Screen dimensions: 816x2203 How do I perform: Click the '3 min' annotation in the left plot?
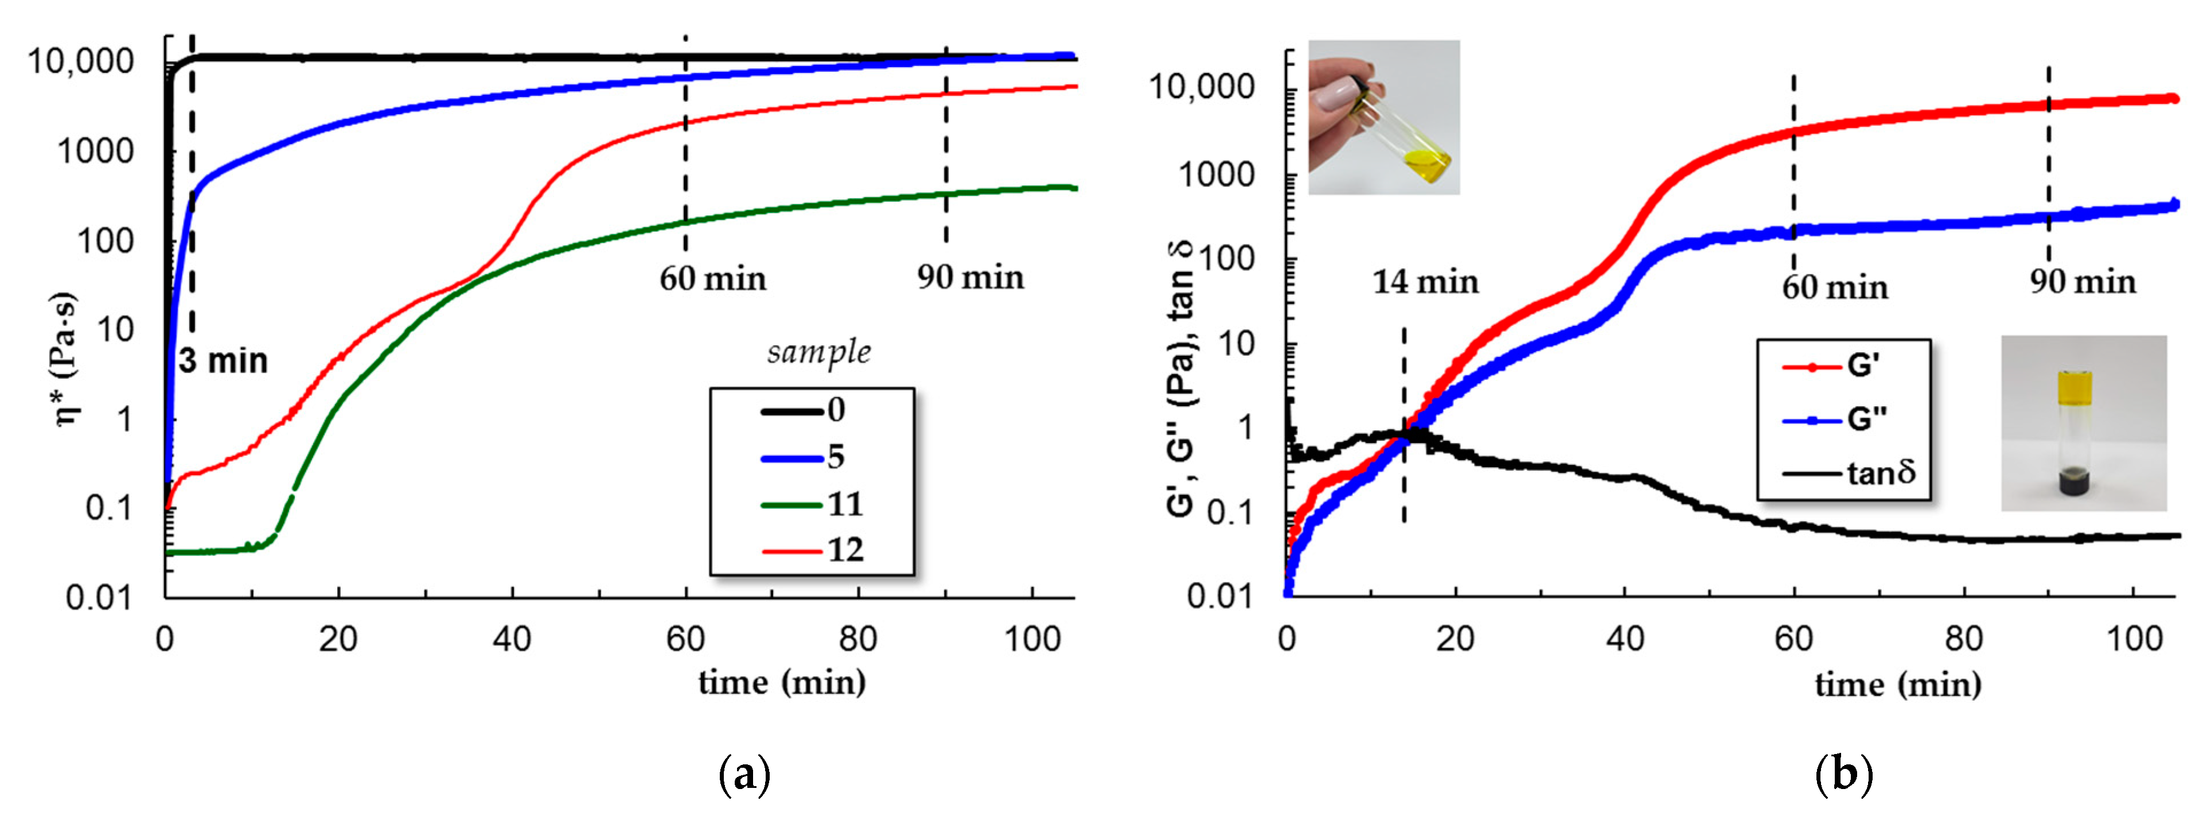(x=223, y=361)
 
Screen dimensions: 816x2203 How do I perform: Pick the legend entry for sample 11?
(x=813, y=504)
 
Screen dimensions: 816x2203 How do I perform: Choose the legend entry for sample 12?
(x=813, y=550)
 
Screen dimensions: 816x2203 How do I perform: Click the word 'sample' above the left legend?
(x=818, y=352)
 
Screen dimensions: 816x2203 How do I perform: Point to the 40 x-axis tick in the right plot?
(x=1624, y=639)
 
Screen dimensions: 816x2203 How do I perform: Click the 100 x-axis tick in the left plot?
(x=1032, y=639)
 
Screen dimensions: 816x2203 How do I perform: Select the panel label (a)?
(x=745, y=775)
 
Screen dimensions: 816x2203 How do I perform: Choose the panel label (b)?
(x=1844, y=775)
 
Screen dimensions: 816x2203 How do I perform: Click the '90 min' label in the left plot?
(x=970, y=277)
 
